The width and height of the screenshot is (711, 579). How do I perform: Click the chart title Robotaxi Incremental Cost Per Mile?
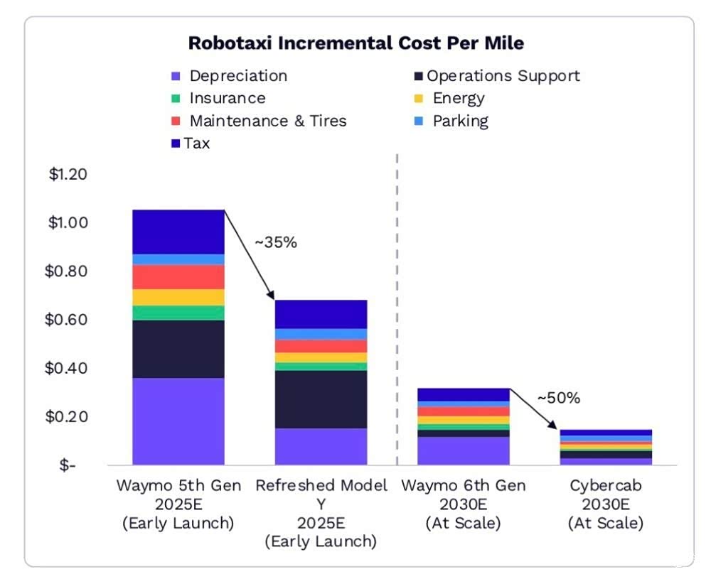coord(356,43)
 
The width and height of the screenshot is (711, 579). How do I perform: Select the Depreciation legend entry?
coord(230,75)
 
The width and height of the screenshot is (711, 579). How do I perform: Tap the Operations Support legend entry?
coord(497,75)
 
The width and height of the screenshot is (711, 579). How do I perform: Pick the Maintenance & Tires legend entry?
coord(259,121)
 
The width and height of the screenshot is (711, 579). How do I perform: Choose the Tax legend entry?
coord(191,144)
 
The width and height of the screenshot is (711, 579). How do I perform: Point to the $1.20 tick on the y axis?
coord(68,174)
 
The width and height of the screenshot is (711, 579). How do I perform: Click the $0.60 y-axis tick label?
coord(66,320)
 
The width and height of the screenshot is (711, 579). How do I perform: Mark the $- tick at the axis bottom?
coord(68,465)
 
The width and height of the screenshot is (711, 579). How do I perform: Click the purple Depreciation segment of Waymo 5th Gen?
coord(178,421)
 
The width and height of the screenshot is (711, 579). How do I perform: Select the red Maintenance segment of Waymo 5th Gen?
coord(178,277)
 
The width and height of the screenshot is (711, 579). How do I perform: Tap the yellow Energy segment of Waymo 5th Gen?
coord(178,297)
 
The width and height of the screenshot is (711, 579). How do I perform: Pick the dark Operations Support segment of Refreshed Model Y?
coord(321,399)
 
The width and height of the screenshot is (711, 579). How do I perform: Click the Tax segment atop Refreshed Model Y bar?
coord(321,315)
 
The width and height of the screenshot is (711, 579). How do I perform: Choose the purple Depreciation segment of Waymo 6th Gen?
coord(464,451)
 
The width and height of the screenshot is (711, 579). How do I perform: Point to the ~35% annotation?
coord(276,242)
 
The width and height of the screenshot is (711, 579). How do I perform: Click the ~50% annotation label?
coord(559,398)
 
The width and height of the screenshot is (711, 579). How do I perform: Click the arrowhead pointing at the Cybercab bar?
coord(552,425)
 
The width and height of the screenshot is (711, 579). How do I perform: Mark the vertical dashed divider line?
coord(397,310)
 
